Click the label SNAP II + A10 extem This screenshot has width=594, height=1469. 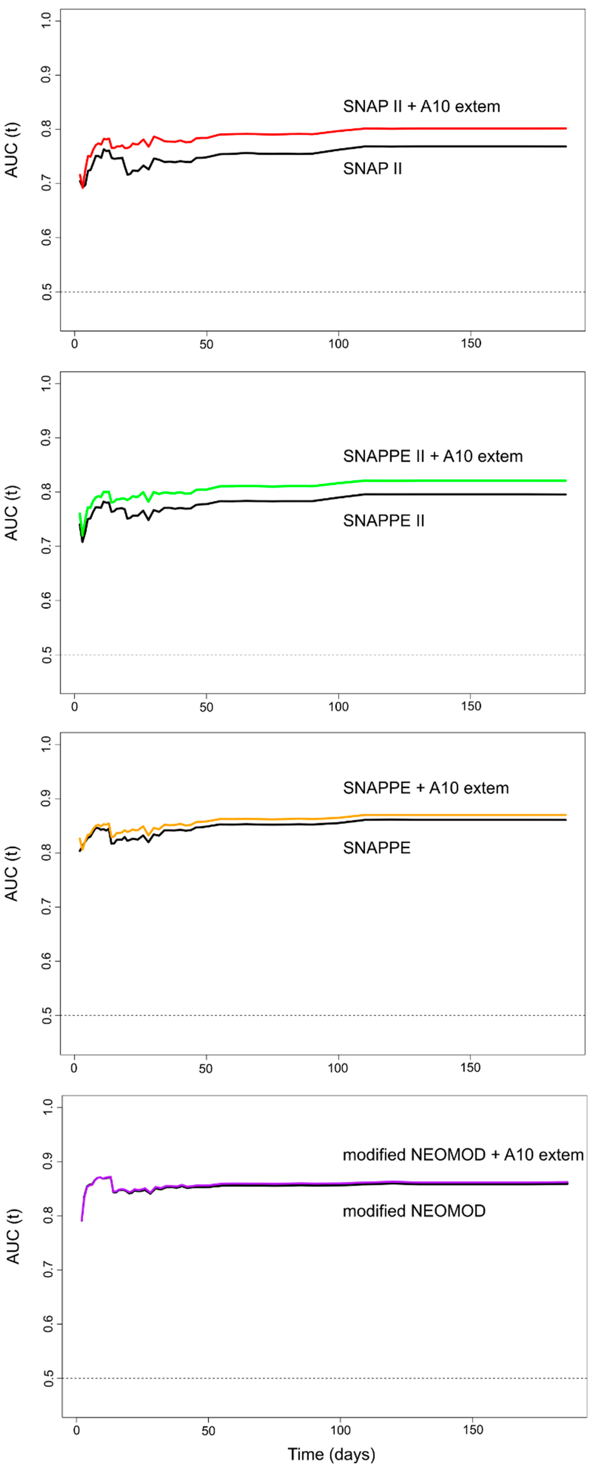[x=421, y=107]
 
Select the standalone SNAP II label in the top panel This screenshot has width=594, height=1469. [x=372, y=169]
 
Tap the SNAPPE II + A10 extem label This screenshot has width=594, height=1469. [x=433, y=456]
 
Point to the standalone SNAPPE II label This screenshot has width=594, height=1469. [x=384, y=521]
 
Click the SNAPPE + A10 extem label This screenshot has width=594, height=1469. [x=426, y=788]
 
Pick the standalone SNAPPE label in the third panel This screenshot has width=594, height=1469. [x=376, y=848]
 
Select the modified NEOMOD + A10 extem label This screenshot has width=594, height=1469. [x=463, y=1155]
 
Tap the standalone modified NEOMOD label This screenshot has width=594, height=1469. [x=414, y=1211]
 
